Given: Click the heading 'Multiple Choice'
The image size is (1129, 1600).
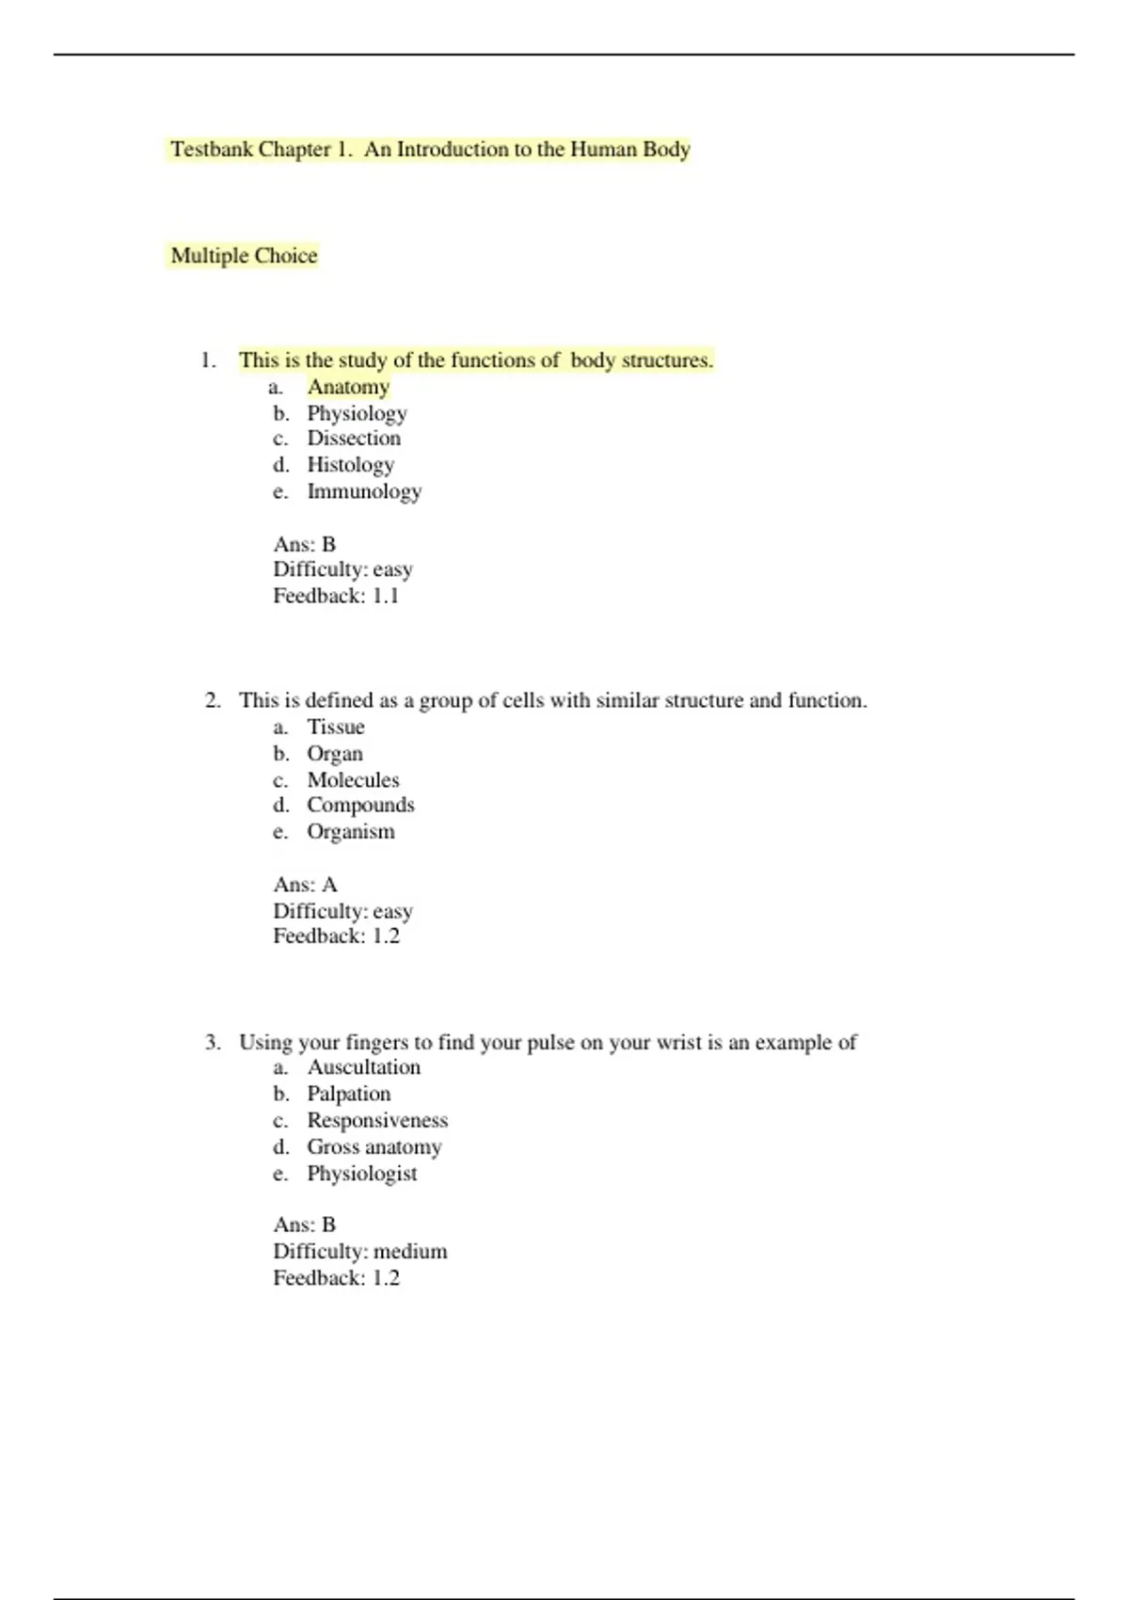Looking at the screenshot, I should click(244, 256).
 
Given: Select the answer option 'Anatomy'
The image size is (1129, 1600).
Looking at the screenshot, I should click(348, 387).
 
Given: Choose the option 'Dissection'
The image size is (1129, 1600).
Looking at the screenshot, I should click(354, 439).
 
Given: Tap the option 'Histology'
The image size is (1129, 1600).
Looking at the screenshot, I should click(350, 465).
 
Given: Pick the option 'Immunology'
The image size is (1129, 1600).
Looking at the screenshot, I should click(364, 491).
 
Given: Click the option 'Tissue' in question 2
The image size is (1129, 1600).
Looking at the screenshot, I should click(336, 728).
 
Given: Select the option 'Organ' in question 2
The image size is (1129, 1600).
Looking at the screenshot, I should click(335, 754).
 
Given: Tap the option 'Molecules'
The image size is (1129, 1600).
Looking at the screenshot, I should click(353, 780).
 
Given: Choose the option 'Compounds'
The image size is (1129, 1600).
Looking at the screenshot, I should click(360, 806).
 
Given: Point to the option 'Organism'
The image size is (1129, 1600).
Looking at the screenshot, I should click(351, 832).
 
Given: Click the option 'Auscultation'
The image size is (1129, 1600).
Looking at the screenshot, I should click(364, 1067).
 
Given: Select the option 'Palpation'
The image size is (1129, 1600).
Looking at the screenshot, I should click(348, 1094).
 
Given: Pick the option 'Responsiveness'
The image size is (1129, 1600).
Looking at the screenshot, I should click(377, 1121).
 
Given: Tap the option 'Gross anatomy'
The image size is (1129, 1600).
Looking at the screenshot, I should click(374, 1147).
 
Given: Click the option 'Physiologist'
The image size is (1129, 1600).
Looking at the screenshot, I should click(362, 1174).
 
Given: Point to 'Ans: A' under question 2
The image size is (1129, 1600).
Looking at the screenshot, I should click(305, 885).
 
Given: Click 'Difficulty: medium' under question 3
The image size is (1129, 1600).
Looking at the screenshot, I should click(360, 1252).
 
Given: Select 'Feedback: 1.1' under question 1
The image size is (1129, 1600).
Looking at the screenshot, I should click(336, 596).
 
